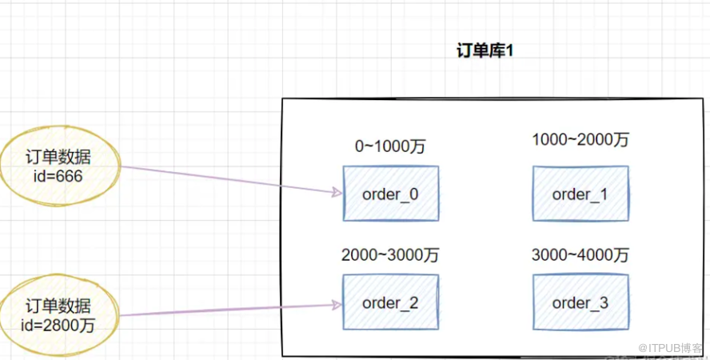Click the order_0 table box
coord(390,194)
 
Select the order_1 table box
coord(580,194)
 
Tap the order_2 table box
coord(390,302)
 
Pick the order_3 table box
coord(580,302)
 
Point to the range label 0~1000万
coord(390,146)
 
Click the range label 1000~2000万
coord(580,140)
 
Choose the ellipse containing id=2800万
coord(61,314)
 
